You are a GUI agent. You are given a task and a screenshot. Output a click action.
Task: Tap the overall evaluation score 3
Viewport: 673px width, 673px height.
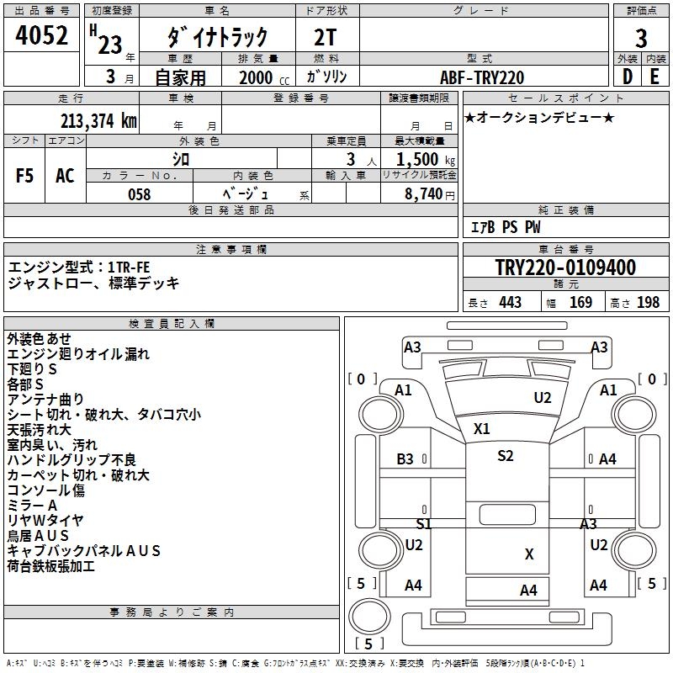click(641, 38)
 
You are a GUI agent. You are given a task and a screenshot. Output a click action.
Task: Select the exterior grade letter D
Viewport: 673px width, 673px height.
click(628, 77)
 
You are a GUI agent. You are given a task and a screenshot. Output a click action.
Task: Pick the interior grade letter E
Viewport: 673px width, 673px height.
click(654, 77)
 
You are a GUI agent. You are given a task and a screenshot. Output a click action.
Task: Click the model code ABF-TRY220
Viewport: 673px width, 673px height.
click(482, 77)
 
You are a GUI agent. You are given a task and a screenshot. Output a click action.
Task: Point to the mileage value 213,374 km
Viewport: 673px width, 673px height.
click(98, 120)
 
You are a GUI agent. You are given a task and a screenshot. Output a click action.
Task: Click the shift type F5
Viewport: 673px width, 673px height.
click(25, 175)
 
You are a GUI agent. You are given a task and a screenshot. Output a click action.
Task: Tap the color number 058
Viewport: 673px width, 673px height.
click(139, 194)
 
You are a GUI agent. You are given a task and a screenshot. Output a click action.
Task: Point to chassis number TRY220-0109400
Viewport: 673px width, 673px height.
click(565, 268)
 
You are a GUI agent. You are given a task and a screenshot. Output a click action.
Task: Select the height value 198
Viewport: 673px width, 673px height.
click(649, 303)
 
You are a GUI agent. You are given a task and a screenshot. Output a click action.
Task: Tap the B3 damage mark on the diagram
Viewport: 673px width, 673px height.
click(405, 459)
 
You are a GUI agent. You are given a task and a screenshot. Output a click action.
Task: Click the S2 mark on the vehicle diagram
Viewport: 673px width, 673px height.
click(505, 456)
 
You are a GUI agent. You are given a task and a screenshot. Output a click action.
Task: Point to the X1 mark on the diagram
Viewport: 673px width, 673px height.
click(481, 428)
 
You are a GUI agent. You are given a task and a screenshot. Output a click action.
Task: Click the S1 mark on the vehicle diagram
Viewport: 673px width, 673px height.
click(423, 523)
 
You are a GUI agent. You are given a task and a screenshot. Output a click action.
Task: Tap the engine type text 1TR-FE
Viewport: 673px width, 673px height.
click(129, 268)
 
